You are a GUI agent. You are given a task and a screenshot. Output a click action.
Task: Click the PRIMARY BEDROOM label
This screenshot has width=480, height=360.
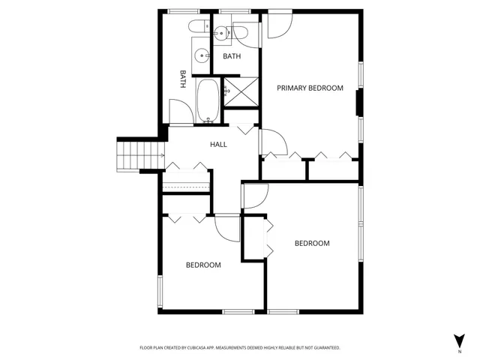pyautogui.click(x=310, y=88)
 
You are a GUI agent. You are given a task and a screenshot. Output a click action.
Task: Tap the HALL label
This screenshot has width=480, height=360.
pyautogui.click(x=218, y=145)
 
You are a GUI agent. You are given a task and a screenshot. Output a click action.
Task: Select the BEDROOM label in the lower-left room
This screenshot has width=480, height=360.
pyautogui.click(x=203, y=265)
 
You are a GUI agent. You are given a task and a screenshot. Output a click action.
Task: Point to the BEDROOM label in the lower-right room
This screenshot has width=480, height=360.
pyautogui.click(x=312, y=243)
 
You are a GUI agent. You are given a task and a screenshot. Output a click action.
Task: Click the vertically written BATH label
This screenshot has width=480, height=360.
pyautogui.click(x=182, y=79)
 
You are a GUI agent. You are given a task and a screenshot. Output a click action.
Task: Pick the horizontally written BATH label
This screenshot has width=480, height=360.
pyautogui.click(x=232, y=56)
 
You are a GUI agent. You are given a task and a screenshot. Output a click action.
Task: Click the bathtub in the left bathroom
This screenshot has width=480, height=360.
pyautogui.click(x=208, y=101)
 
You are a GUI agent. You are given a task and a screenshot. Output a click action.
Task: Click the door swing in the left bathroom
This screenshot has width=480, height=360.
pyautogui.click(x=181, y=112)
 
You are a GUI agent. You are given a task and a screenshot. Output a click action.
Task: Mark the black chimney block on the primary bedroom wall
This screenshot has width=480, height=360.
pyautogui.click(x=358, y=103)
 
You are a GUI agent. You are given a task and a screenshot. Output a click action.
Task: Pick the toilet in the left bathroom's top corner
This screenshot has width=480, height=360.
pyautogui.click(x=200, y=28)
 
